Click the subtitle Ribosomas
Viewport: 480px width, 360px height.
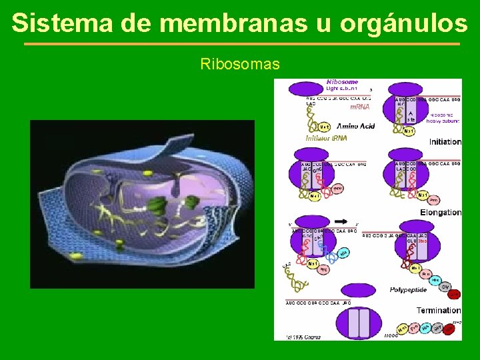pos(240,65)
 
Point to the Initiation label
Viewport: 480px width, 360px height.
pos(445,141)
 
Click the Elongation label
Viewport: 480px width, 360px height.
pos(441,212)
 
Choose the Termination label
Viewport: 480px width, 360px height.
pos(438,310)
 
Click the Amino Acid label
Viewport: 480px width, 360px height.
pos(355,126)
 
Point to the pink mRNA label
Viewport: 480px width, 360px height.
pos(360,107)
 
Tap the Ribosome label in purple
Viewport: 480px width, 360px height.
pos(343,82)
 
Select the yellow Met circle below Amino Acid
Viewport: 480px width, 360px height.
pos(324,126)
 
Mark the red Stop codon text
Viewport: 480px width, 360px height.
pos(422,241)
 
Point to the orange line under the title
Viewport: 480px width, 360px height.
pos(241,44)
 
